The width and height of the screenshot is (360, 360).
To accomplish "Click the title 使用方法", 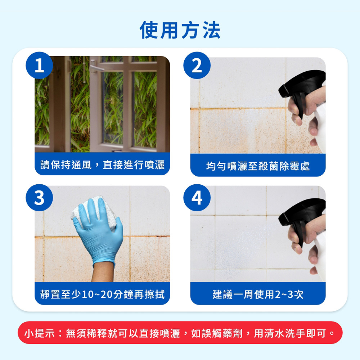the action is point(180,30).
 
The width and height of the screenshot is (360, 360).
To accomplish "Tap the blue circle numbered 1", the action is point(39,66).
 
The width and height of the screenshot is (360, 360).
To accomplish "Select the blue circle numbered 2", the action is point(197,66).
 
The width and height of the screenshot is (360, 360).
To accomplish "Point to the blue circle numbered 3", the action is point(39,198).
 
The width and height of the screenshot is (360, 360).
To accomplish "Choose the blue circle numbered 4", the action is point(197,198).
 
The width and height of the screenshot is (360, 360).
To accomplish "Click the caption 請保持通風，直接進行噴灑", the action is point(102,165).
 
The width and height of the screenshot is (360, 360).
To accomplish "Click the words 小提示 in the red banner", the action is point(40,333).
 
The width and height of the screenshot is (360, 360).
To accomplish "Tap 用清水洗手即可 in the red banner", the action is point(290,333).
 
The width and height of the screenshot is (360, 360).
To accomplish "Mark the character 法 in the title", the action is point(211,30).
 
